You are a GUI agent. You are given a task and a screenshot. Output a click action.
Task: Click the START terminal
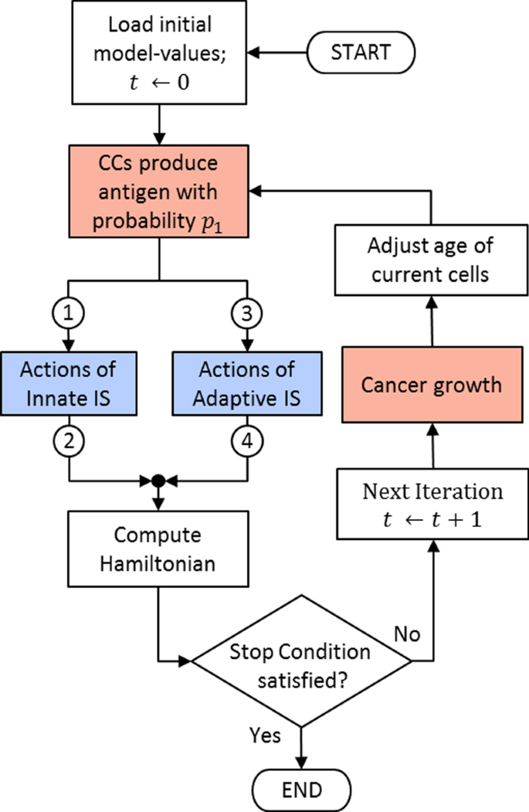tap(361, 53)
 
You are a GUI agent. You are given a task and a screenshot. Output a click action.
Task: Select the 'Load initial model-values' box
tap(158, 53)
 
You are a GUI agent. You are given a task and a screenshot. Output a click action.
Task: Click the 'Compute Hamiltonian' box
tap(158, 549)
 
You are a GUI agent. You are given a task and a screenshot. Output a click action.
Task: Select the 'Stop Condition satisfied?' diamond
tap(300, 661)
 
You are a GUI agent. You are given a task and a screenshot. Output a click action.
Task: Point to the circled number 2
tap(70, 442)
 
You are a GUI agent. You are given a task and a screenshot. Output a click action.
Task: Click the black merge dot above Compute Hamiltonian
tap(158, 481)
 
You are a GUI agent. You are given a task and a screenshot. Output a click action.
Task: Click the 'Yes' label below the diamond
tap(265, 734)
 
